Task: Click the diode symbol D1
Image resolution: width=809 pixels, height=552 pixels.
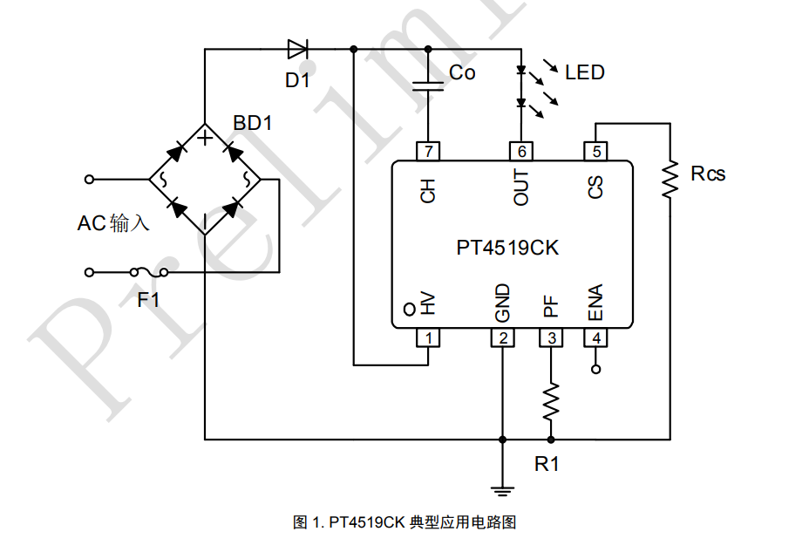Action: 297,50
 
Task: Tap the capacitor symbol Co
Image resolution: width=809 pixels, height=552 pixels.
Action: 428,86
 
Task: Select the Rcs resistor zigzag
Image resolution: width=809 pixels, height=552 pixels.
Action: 670,179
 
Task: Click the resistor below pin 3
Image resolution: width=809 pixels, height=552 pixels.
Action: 551,401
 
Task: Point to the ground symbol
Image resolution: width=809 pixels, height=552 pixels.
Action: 502,490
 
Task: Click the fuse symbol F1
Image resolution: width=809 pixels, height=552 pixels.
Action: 149,272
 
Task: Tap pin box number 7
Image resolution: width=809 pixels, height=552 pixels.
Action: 428,152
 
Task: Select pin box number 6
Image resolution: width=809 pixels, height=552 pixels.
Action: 521,152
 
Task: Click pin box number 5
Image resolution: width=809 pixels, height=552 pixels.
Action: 596,152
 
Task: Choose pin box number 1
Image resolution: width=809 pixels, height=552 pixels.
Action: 428,337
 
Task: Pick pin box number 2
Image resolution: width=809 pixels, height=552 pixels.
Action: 502,337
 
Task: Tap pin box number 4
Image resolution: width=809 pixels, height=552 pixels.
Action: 596,337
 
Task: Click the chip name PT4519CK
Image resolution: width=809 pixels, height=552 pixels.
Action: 507,248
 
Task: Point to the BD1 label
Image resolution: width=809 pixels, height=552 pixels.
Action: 252,123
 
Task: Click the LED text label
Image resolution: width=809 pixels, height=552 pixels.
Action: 585,72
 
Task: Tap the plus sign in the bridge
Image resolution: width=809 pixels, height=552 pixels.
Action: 206,138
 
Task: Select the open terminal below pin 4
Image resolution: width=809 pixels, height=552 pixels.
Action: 596,369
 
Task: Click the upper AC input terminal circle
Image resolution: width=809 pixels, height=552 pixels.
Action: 89,180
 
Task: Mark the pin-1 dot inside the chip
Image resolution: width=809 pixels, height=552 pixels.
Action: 410,309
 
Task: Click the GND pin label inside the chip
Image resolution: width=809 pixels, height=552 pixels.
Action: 502,303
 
